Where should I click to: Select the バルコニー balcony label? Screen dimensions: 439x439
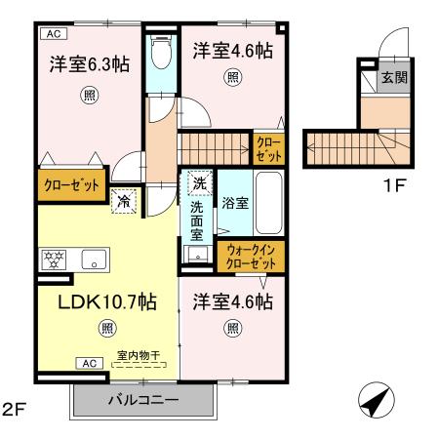pyautogui.click(x=143, y=400)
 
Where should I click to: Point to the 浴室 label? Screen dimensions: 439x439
pyautogui.click(x=234, y=204)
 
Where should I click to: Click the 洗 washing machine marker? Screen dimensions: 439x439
pyautogui.click(x=199, y=181)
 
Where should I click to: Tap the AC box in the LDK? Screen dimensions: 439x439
pyautogui.click(x=89, y=363)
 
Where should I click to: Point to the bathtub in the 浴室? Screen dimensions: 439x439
pyautogui.click(x=269, y=203)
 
